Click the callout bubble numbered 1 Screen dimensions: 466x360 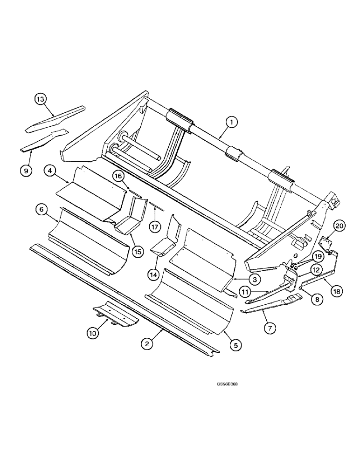click(232, 122)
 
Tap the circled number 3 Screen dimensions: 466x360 click(254, 279)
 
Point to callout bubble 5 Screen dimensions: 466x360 click(235, 345)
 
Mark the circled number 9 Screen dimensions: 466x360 click(26, 171)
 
